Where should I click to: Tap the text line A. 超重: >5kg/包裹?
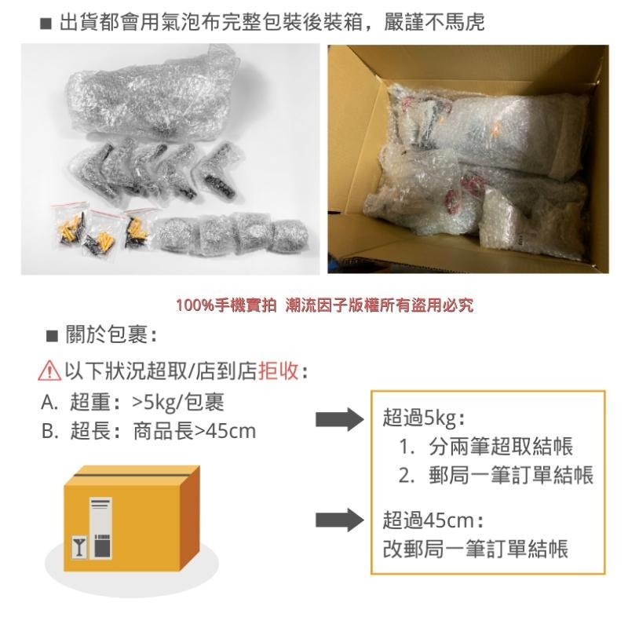133,402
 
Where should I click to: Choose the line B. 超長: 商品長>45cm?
148,431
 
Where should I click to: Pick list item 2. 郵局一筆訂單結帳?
495,476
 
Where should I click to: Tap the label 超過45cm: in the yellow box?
433,520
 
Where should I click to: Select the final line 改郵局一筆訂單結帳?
475,548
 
